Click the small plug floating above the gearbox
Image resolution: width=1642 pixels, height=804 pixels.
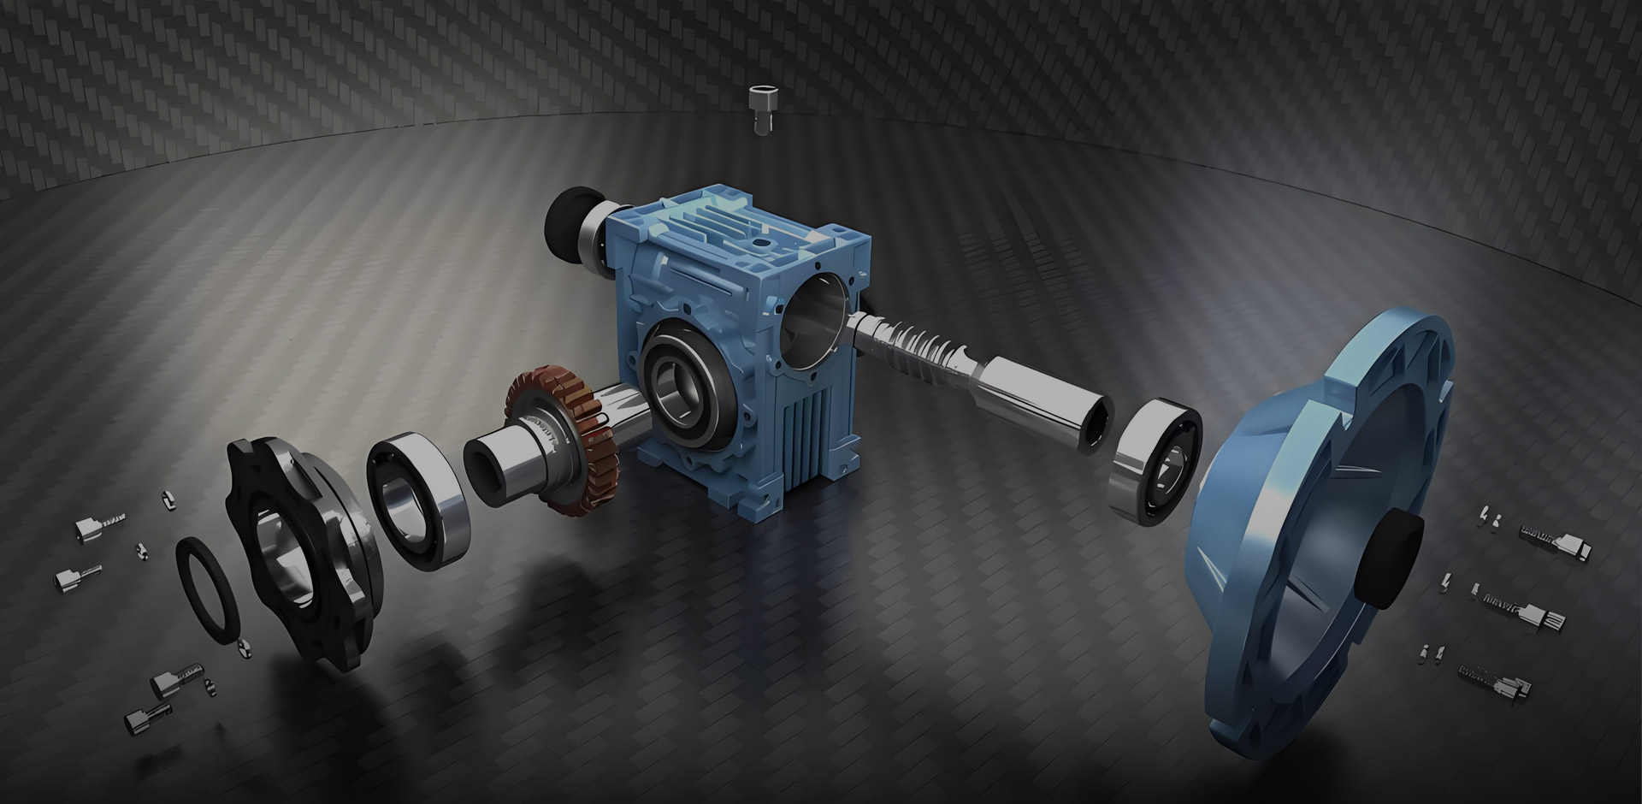pyautogui.click(x=759, y=106)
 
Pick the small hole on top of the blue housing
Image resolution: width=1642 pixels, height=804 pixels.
pyautogui.click(x=759, y=243)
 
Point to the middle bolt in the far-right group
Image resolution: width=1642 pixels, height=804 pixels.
pyautogui.click(x=1531, y=616)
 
